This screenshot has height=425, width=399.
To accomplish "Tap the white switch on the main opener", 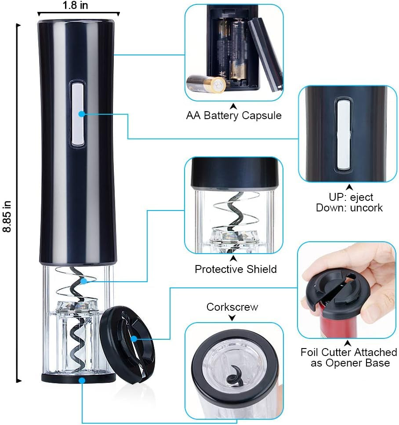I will [x=78, y=113].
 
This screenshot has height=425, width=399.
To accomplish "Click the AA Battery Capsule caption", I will [x=233, y=116].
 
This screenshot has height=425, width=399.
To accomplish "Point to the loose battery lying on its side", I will [x=206, y=83].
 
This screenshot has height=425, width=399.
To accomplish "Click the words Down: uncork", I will [x=349, y=207].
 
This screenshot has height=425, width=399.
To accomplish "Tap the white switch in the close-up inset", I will [x=343, y=134].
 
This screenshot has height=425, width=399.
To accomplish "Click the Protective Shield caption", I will [x=236, y=269].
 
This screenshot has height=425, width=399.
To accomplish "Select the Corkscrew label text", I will [x=232, y=307].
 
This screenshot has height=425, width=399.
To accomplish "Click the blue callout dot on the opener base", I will [x=82, y=380].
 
